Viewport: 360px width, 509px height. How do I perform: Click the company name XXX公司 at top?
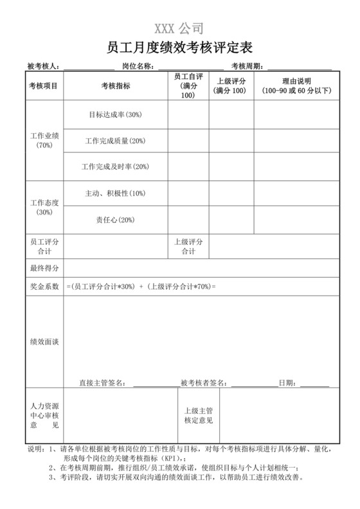coord(179,28)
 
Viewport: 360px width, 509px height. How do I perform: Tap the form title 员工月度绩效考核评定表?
coord(179,48)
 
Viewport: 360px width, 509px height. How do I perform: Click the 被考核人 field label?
coord(44,66)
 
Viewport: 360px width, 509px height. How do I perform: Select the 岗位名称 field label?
coord(138,66)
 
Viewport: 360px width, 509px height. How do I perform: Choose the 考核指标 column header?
coord(116,86)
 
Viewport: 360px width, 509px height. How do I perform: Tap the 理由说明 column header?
coord(296,86)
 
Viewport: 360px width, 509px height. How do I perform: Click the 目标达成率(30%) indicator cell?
coord(116,115)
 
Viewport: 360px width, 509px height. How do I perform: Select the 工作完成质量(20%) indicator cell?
coord(116,141)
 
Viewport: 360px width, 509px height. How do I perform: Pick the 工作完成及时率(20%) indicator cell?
coord(116,167)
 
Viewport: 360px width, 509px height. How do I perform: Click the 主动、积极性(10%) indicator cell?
coord(116,193)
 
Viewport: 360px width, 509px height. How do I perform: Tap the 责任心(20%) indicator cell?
coord(116,220)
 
